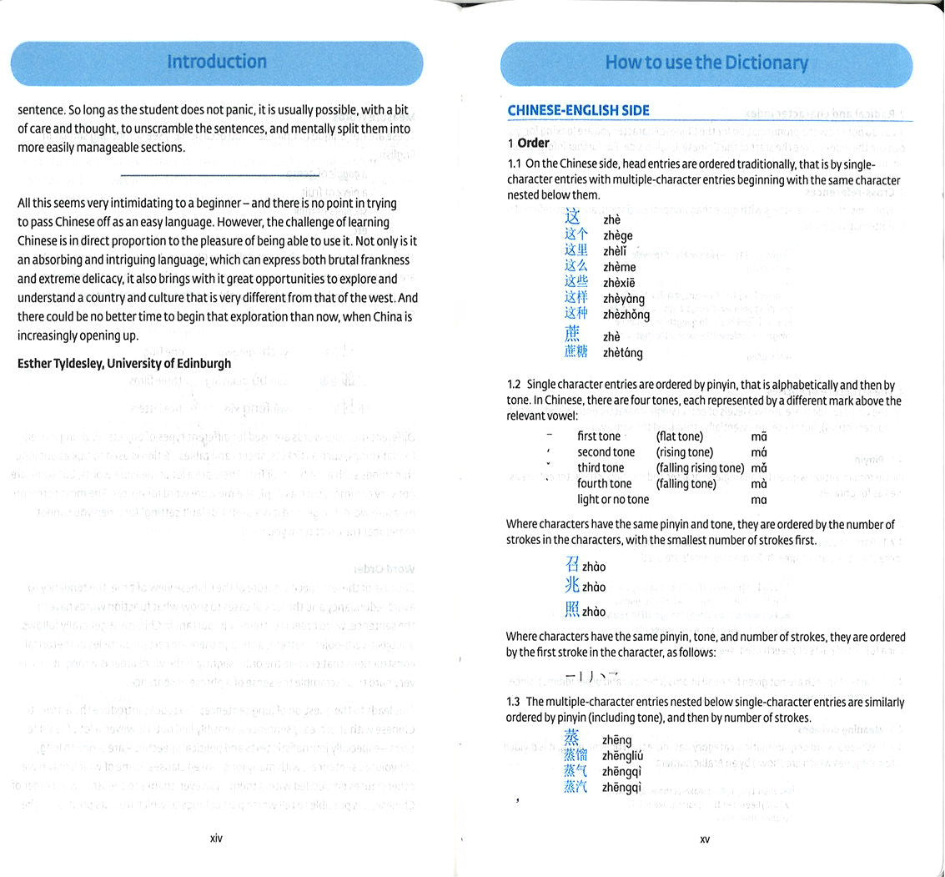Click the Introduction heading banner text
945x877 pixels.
[x=217, y=62]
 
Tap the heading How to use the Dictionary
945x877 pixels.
[x=706, y=63]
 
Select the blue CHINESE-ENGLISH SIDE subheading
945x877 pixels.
[x=578, y=110]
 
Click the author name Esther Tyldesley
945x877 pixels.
[x=124, y=363]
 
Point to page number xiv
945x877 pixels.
[x=217, y=839]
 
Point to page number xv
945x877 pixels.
[x=705, y=839]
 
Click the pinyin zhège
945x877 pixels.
[x=618, y=236]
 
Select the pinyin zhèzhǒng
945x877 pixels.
[x=626, y=315]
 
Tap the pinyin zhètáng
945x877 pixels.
[x=623, y=353]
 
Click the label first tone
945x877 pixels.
[x=599, y=436]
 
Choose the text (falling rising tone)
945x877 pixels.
[x=699, y=468]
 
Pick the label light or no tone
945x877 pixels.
[x=613, y=500]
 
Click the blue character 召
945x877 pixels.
[x=572, y=565]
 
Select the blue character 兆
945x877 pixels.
[x=572, y=586]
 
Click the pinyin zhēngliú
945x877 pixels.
[x=621, y=756]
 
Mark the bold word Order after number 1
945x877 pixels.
[x=533, y=143]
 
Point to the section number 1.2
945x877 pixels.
[x=513, y=386]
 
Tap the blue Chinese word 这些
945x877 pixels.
[x=576, y=281]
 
